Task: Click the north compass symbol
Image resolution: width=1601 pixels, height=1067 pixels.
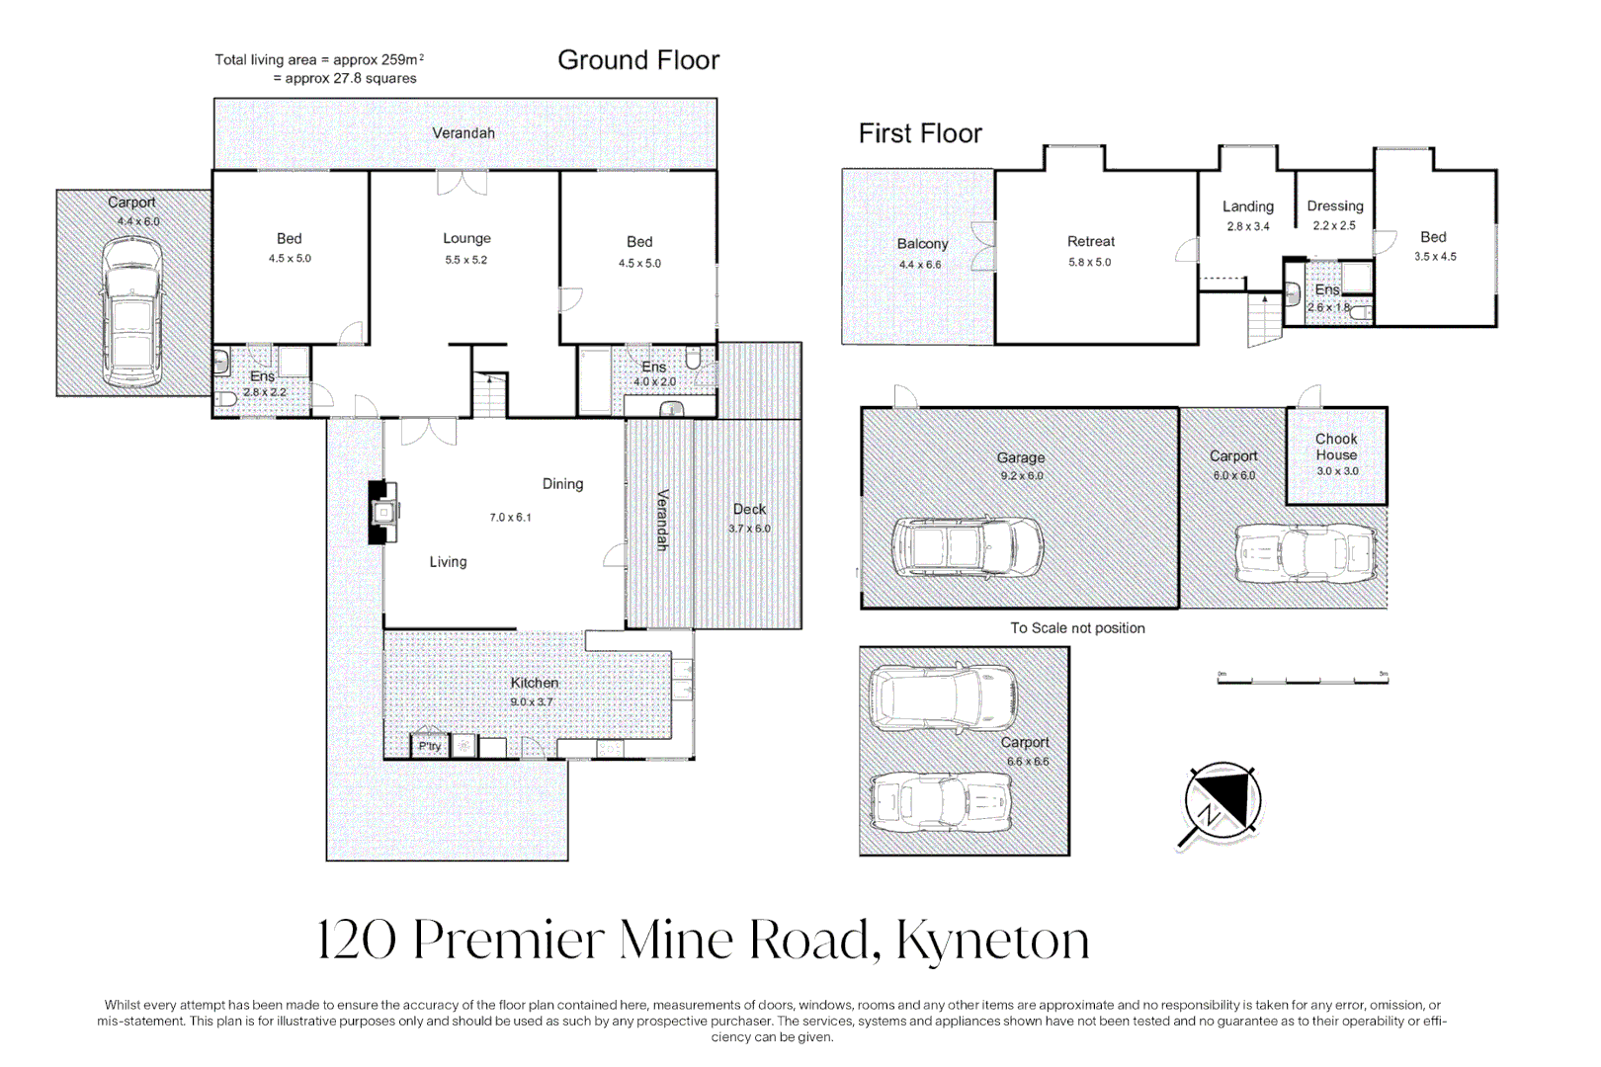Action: coord(1222,801)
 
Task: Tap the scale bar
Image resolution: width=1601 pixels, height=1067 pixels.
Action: coord(1303,680)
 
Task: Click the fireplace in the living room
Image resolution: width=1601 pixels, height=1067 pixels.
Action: coord(383,512)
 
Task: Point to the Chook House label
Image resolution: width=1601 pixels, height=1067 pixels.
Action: coord(1336,447)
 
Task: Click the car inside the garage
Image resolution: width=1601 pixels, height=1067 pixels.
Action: coord(967,546)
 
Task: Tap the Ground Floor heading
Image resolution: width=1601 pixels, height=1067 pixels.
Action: coord(638,60)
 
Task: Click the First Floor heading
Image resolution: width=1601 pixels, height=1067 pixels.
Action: coord(920,133)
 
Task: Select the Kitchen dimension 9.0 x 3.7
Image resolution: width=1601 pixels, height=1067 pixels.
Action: coord(532,701)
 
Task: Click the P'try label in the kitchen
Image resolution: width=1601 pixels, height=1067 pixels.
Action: coord(429,746)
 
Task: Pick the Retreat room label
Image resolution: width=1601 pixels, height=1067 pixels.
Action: coord(1090,241)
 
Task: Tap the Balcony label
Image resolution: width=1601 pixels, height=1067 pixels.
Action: coord(922,243)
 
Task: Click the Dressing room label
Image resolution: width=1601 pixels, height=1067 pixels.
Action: coord(1334,205)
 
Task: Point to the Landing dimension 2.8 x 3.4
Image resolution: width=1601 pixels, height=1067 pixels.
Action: coord(1248,226)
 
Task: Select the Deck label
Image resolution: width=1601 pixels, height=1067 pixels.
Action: coord(749,509)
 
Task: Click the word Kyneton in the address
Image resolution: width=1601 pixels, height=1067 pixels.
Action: coord(992,940)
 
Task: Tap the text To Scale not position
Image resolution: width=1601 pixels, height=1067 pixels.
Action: coord(1077,628)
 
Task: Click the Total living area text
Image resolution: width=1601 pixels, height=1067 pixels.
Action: coord(318,60)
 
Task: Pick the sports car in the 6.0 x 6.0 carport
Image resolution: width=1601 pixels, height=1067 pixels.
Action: coord(1306,554)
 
